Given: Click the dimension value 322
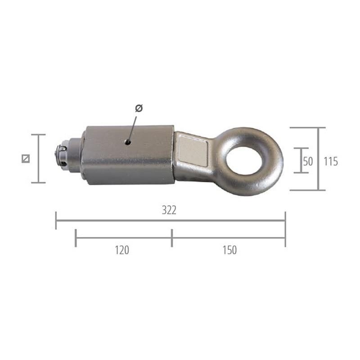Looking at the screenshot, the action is point(169,210).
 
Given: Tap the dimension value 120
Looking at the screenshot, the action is point(122,250).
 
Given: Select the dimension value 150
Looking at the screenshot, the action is point(229,250).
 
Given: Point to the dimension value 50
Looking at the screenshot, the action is point(308,162).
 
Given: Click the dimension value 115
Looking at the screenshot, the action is point(331,162).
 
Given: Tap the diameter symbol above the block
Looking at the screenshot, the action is point(139,108).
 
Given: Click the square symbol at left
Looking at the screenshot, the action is point(26,159).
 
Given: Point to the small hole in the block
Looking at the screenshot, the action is point(128,143).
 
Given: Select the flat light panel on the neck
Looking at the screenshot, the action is point(193,150).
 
